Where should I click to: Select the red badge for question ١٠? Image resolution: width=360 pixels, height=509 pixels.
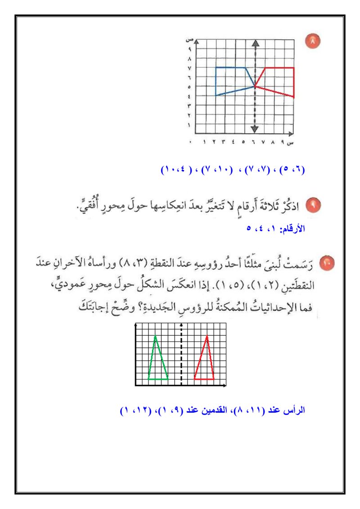(327, 260)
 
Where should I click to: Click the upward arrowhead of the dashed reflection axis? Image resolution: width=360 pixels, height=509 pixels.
(255, 44)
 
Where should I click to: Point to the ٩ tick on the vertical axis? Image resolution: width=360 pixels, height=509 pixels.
(190, 49)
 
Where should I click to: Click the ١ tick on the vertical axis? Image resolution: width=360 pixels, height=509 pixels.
(190, 125)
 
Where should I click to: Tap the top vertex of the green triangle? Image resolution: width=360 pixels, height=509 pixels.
(155, 336)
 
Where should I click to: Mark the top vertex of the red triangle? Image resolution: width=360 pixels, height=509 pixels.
(207, 336)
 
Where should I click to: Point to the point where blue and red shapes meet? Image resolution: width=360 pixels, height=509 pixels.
(255, 86)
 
